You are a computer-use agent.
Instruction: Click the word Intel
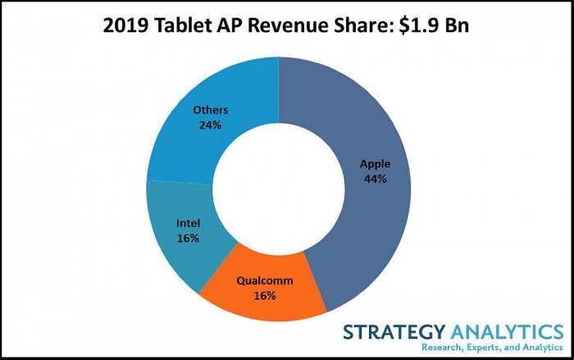tap(188, 222)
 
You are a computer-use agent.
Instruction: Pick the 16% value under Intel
tap(188, 237)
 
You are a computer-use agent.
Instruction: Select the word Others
tap(210, 110)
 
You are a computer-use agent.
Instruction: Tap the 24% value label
tap(210, 125)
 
